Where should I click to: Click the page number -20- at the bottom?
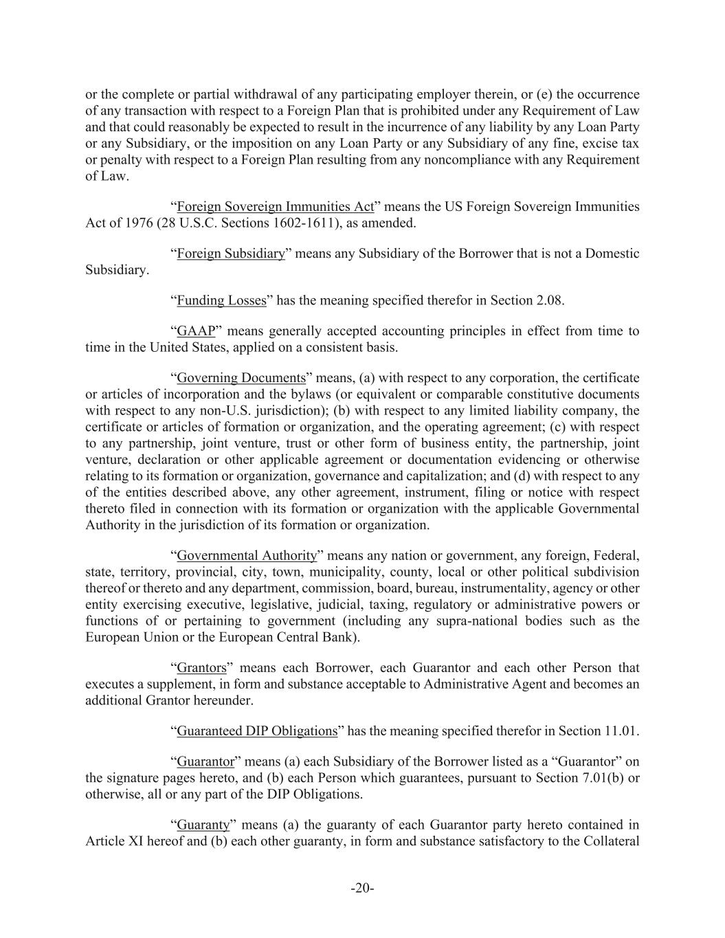[x=362, y=888]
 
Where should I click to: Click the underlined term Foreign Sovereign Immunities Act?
[x=275, y=207]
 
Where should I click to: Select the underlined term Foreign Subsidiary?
[x=231, y=254]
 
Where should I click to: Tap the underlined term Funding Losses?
[x=221, y=300]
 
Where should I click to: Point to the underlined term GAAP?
[x=196, y=331]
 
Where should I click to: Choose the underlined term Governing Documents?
[x=241, y=378]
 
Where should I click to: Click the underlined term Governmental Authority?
[x=247, y=555]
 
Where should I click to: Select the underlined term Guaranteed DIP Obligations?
[x=257, y=731]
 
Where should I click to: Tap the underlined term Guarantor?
[x=205, y=761]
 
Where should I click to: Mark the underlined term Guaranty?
[x=203, y=825]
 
